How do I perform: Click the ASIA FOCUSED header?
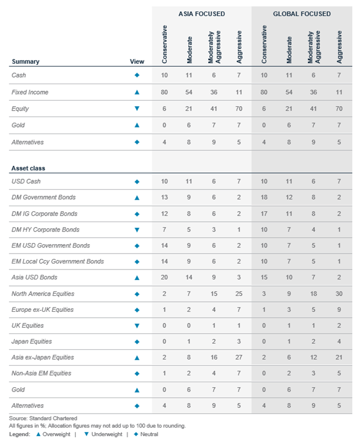click(201, 14)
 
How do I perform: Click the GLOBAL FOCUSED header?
click(302, 14)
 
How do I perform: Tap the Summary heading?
click(26, 62)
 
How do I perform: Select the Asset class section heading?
click(28, 168)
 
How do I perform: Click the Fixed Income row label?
click(30, 92)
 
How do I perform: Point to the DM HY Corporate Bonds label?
click(46, 229)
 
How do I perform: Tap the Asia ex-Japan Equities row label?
click(43, 357)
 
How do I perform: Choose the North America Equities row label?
click(43, 294)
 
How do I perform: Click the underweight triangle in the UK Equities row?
click(137, 326)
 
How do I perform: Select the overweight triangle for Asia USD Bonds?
click(137, 278)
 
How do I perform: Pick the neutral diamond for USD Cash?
click(137, 181)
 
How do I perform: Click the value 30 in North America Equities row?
click(339, 294)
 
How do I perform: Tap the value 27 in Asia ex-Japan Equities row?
click(239, 357)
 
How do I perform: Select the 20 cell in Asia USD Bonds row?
click(165, 277)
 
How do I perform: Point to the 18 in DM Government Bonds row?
click(264, 197)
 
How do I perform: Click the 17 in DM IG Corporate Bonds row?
click(264, 213)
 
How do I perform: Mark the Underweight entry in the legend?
click(103, 434)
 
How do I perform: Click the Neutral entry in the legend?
click(146, 434)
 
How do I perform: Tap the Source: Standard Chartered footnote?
click(43, 418)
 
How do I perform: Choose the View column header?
click(137, 62)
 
